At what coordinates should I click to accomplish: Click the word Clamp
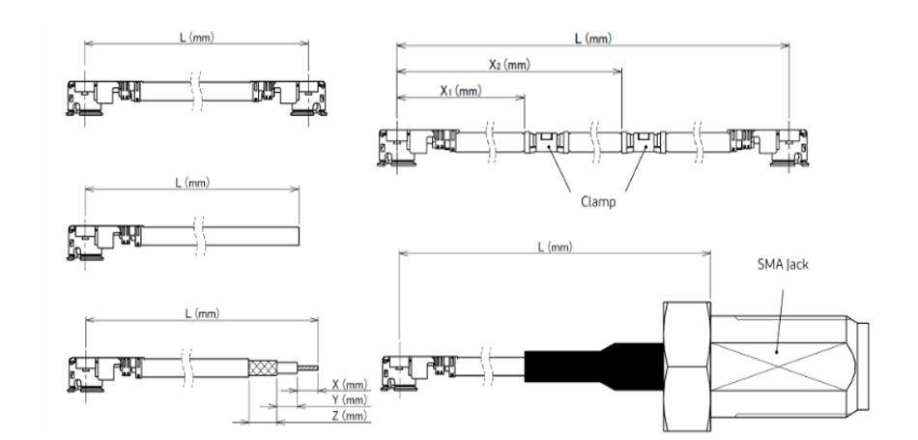point(599,204)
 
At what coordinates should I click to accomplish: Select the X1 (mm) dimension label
point(461,90)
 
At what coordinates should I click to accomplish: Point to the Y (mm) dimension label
point(349,399)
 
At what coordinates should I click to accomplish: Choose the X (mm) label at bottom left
point(349,384)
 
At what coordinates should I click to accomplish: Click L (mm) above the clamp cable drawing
point(592,38)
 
